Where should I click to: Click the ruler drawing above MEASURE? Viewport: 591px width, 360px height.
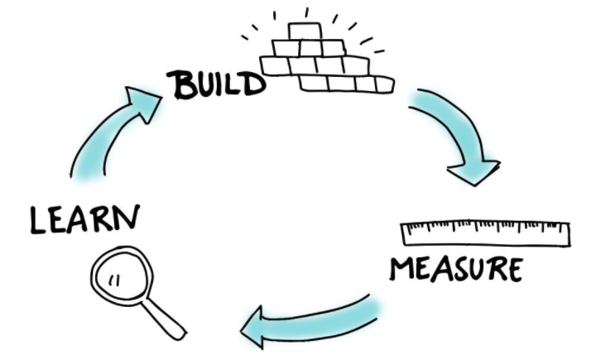[484, 233]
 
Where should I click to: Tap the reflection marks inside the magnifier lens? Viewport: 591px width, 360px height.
[113, 279]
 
